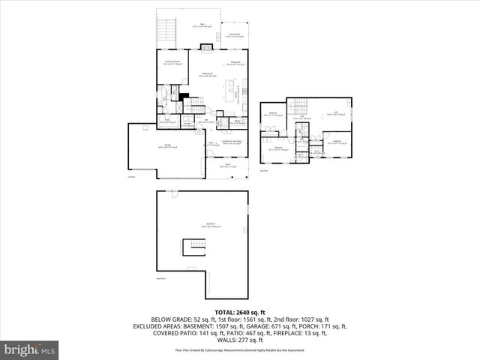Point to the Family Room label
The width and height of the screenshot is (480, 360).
pyautogui.click(x=208, y=74)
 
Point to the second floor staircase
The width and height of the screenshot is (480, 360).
pyautogui.click(x=300, y=107)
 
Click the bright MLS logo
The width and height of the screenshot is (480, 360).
pyautogui.click(x=30, y=349)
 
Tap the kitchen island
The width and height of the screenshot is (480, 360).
pyautogui.click(x=227, y=90)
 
